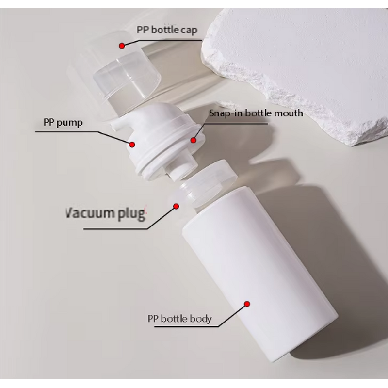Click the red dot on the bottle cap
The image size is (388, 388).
[122, 46]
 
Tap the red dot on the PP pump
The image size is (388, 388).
[131, 144]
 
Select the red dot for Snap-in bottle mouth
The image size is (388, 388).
[193, 140]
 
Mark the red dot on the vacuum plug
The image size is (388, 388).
[177, 206]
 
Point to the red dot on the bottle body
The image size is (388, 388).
[247, 304]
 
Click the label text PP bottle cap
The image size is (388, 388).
[167, 30]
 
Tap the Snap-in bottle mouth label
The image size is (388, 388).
[256, 113]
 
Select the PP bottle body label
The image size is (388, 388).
[179, 319]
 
